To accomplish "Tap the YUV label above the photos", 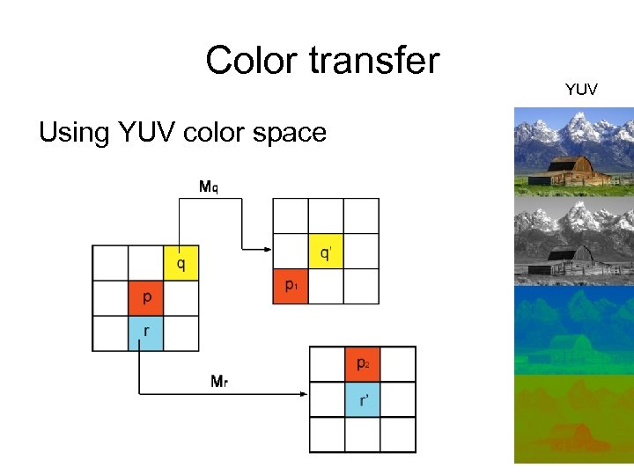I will (581, 89).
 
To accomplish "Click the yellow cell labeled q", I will (181, 263).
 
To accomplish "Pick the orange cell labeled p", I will (146, 298).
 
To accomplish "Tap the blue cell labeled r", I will (146, 333).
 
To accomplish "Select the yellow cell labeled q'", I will (326, 252).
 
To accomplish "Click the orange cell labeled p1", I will (291, 287).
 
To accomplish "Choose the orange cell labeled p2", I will (363, 364).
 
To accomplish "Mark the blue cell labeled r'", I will (363, 399).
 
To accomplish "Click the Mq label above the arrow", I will (209, 186).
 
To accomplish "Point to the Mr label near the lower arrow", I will (220, 381).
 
